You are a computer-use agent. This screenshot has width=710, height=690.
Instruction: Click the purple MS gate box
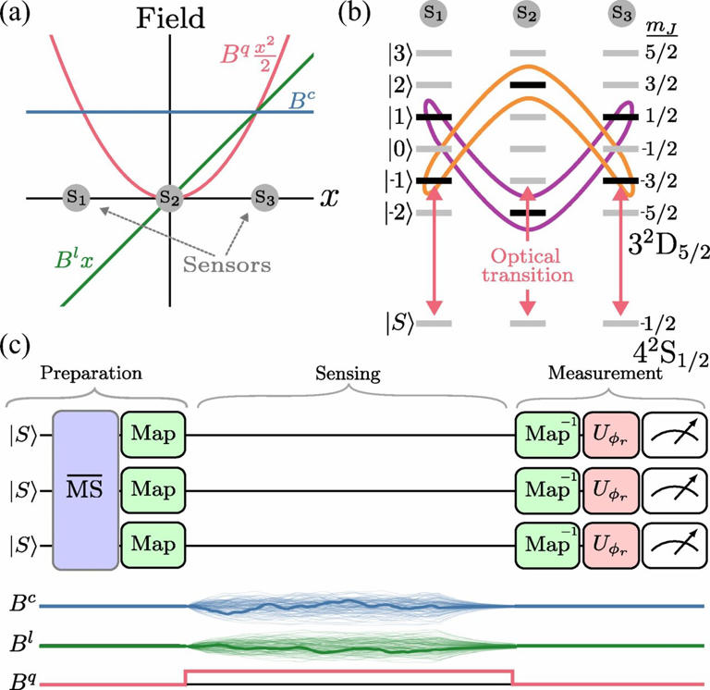pyautogui.click(x=86, y=489)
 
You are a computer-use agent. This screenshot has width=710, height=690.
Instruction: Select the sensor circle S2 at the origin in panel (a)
pyautogui.click(x=167, y=197)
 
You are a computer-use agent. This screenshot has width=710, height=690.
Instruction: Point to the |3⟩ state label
pyautogui.click(x=398, y=55)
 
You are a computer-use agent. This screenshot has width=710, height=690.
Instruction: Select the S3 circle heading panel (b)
pyautogui.click(x=620, y=14)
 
